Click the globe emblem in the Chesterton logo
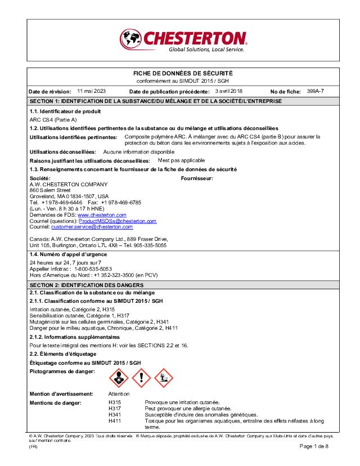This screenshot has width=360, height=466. click(130, 39)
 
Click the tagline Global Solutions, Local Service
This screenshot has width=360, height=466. click(206, 50)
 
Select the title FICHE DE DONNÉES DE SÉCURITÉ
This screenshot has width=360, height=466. click(182, 74)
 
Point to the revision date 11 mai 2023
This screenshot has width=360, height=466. click(91, 91)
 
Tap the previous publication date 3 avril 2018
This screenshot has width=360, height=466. click(229, 91)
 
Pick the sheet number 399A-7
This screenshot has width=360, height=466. click(316, 91)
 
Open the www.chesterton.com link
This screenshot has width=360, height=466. click(102, 215)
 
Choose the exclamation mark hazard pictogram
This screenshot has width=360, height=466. click(142, 378)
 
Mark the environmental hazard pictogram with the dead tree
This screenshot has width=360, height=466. click(164, 378)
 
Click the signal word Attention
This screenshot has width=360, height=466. click(119, 394)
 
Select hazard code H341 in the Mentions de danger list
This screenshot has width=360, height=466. click(114, 415)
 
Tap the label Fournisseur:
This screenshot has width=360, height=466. click(197, 178)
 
